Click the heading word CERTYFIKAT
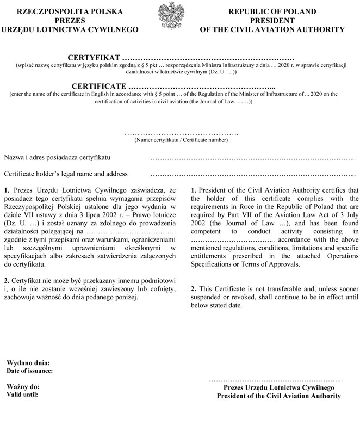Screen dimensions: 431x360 pyautogui.click(x=94, y=57)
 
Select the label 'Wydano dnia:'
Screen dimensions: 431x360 pyautogui.click(x=28, y=362)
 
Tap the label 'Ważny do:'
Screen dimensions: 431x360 pyautogui.click(x=23, y=386)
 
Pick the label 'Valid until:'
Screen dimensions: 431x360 pyautogui.click(x=22, y=394)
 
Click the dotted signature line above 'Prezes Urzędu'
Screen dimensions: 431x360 pyautogui.click(x=275, y=379)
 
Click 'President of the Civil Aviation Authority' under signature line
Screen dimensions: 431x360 pyautogui.click(x=279, y=396)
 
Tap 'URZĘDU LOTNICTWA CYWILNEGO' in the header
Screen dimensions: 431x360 pyautogui.click(x=70, y=28)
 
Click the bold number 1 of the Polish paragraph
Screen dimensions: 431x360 pyautogui.click(x=7, y=190)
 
